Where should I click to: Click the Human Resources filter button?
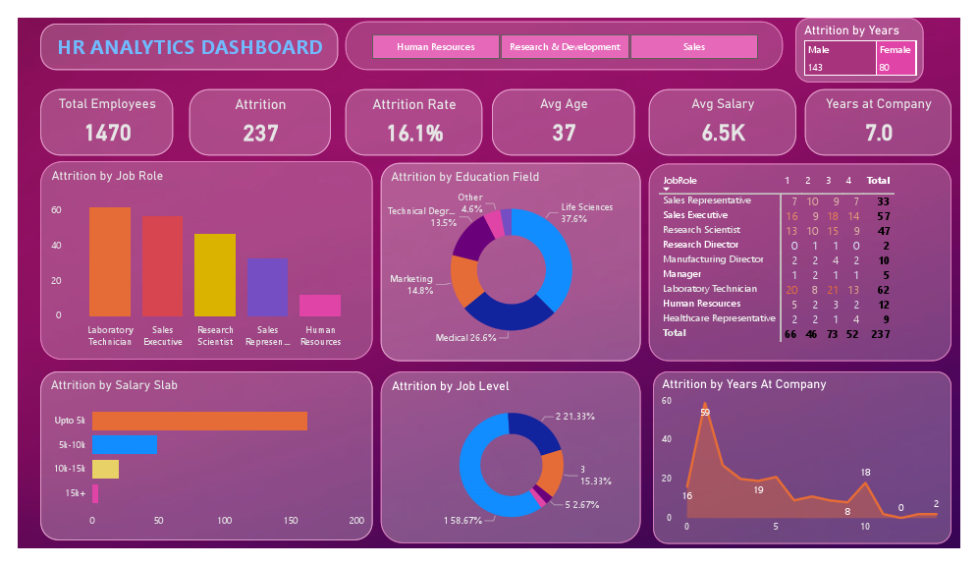pos(436,46)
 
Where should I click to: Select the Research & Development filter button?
pos(565,46)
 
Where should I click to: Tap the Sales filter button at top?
pos(693,46)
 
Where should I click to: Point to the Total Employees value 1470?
pos(107,133)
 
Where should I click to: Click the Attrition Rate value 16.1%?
pos(413,133)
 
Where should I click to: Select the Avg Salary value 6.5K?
pos(723,133)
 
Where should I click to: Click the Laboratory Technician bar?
pos(110,261)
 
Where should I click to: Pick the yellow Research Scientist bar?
pos(215,275)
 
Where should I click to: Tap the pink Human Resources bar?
pos(320,305)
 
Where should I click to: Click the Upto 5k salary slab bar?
pos(199,421)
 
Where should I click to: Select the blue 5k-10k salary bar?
pos(124,444)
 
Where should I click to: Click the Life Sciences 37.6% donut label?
pos(587,213)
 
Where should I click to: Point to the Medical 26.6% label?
pos(472,338)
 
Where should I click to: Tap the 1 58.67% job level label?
pos(462,520)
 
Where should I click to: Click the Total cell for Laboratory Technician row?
pos(883,289)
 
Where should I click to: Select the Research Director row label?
pos(702,245)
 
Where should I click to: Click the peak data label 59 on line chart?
pos(704,413)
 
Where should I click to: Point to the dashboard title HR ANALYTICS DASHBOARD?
pos(190,47)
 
